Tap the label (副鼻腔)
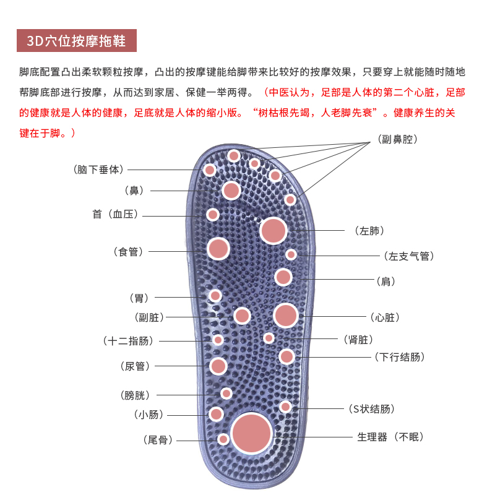click(x=398, y=140)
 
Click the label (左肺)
click(x=370, y=231)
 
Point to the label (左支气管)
click(x=409, y=256)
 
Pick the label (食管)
click(x=129, y=252)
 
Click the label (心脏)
click(x=385, y=317)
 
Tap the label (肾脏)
click(x=358, y=340)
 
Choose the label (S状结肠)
click(x=371, y=408)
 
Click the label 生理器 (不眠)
click(x=390, y=437)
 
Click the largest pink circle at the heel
click(x=252, y=433)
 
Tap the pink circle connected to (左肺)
click(x=273, y=230)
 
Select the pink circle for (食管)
click(x=218, y=248)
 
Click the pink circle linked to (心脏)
click(x=286, y=316)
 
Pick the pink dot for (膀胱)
click(x=226, y=393)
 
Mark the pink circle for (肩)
click(x=283, y=277)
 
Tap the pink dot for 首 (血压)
click(x=213, y=215)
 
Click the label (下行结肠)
click(x=400, y=357)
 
